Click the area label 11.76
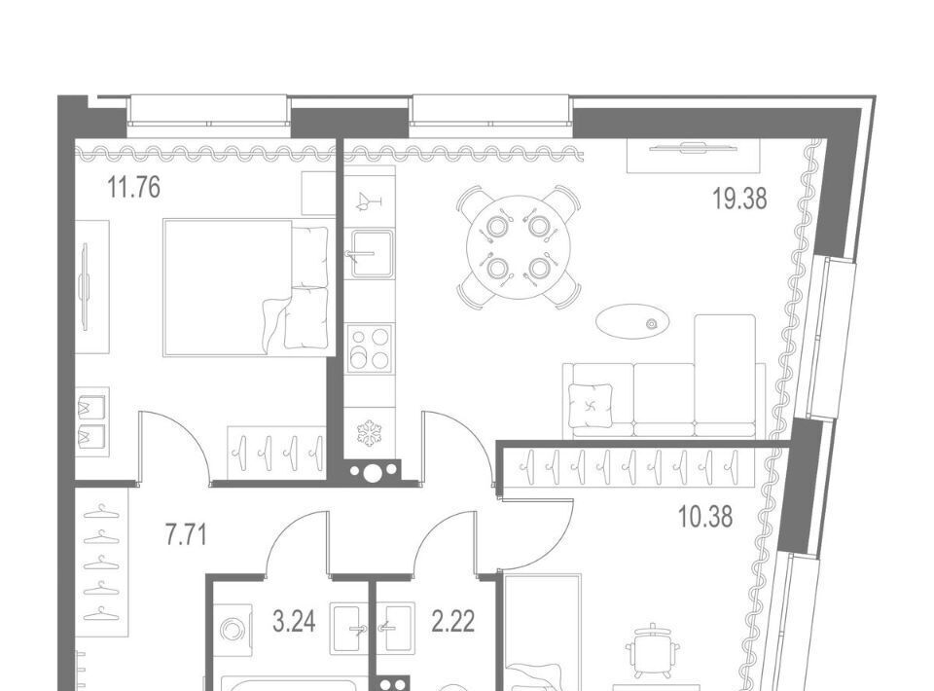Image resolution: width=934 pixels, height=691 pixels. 134,188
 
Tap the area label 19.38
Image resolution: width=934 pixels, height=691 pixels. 739,199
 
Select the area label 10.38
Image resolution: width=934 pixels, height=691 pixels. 705,517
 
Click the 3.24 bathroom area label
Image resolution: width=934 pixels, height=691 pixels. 294,622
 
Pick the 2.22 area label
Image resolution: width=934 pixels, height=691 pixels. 453,622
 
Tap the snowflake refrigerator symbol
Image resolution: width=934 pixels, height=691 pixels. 370,433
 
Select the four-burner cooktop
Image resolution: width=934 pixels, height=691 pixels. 370,348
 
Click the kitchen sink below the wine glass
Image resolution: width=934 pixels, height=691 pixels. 371,254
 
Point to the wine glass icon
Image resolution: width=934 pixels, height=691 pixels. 367,201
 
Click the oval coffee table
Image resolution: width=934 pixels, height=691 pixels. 632,322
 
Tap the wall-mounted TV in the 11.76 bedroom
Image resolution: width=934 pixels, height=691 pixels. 87,287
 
